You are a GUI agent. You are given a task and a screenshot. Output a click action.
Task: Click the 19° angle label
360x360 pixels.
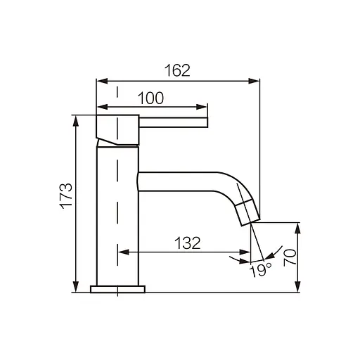tap(262, 270)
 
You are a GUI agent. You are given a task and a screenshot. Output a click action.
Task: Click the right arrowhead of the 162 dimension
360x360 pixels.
tap(256, 81)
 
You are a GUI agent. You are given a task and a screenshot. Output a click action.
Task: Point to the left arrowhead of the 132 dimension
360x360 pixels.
tap(122, 252)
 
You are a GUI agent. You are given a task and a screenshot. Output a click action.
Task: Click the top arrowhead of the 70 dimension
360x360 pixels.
tap(298, 226)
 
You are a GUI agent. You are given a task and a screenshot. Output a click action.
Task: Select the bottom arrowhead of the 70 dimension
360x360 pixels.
tap(298, 288)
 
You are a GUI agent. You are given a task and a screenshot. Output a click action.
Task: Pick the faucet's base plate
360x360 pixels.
tap(117, 288)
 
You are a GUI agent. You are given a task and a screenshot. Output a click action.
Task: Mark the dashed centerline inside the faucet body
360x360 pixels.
tap(117, 211)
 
